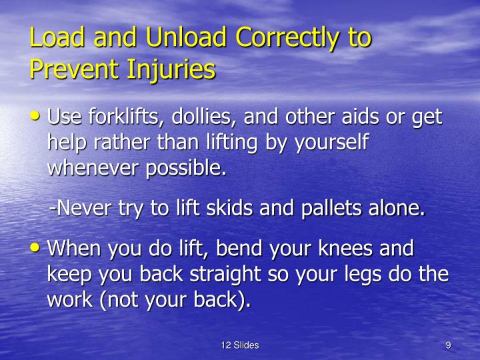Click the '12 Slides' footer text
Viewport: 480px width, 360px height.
tap(239, 345)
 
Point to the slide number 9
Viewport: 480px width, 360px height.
tap(449, 345)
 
